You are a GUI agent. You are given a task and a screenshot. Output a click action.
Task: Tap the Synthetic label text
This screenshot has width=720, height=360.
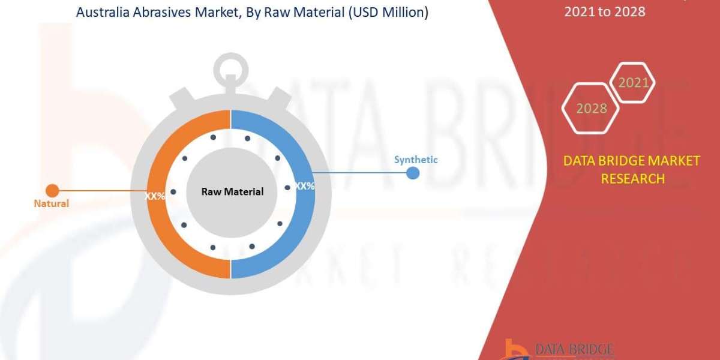pyautogui.click(x=416, y=160)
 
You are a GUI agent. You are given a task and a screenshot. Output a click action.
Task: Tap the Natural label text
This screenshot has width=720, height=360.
pyautogui.click(x=51, y=203)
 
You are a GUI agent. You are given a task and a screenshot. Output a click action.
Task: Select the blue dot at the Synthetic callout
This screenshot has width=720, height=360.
pyautogui.click(x=413, y=173)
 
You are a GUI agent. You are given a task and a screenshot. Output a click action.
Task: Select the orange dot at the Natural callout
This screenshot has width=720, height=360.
pyautogui.click(x=53, y=191)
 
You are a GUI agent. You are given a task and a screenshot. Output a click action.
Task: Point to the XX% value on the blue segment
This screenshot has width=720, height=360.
pyautogui.click(x=304, y=186)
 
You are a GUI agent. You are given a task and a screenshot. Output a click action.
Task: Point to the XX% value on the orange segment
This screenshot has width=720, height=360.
pyautogui.click(x=154, y=196)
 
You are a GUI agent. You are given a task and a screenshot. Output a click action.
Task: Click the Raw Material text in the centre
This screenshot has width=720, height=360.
pyautogui.click(x=232, y=192)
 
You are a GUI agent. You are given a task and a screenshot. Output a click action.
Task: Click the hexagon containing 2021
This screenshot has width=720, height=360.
pyautogui.click(x=633, y=83)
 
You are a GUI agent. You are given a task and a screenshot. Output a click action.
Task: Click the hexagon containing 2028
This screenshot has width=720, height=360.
pyautogui.click(x=591, y=109)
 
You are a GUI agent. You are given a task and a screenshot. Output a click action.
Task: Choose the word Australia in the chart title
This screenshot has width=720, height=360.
pyautogui.click(x=99, y=13)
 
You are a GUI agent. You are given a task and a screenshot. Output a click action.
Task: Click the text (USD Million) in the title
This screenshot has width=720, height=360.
pyautogui.click(x=388, y=13)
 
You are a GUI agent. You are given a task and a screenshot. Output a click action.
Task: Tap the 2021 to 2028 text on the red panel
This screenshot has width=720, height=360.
pyautogui.click(x=605, y=11)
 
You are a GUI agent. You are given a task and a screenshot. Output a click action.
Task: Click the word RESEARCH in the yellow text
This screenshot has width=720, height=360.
pyautogui.click(x=632, y=178)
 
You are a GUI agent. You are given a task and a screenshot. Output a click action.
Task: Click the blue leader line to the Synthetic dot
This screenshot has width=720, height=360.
pyautogui.click(x=360, y=173)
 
